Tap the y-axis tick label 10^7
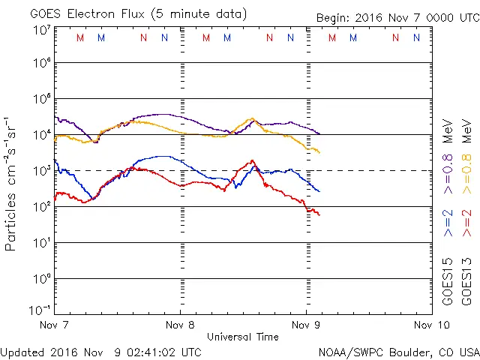(40, 30)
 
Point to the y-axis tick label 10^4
(40, 134)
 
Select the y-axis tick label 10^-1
(40, 309)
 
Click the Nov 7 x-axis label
(55, 325)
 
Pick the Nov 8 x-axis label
(181, 325)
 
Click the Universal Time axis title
(243, 337)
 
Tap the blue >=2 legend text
(448, 223)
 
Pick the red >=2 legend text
(466, 223)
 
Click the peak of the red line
(253, 160)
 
